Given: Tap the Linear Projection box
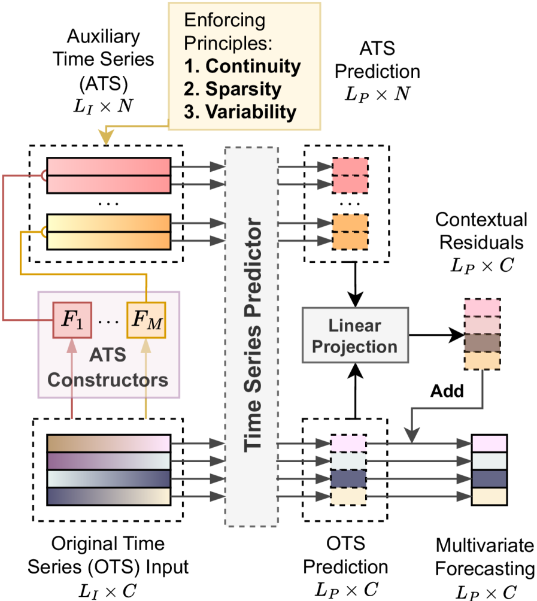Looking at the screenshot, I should click(x=355, y=335).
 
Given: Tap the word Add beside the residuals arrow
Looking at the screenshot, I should click(x=446, y=392).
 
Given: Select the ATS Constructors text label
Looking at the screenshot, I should click(x=108, y=366).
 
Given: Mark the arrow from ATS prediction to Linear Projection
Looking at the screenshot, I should click(x=355, y=281).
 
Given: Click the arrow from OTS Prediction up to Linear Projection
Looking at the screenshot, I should click(x=355, y=392).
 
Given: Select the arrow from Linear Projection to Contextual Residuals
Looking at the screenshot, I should click(x=434, y=336).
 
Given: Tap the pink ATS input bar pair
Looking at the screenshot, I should click(x=109, y=175).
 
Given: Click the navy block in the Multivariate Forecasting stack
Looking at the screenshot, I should click(x=489, y=479).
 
